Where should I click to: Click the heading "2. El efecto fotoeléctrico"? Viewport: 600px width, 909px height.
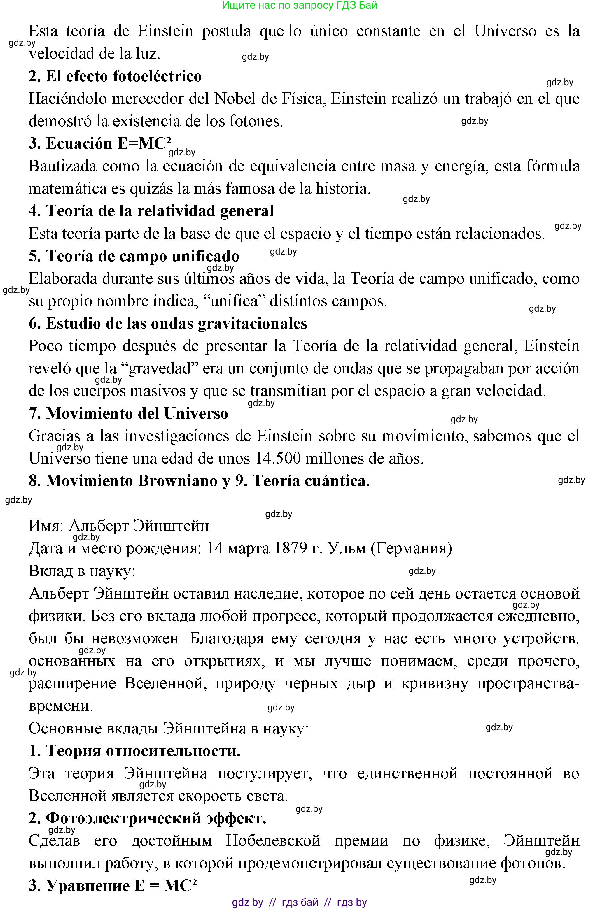(x=115, y=76)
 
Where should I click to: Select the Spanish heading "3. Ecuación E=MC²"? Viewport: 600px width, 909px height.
(x=99, y=143)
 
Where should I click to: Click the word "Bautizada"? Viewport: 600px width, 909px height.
(x=61, y=166)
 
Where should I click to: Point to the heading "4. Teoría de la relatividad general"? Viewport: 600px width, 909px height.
(x=151, y=211)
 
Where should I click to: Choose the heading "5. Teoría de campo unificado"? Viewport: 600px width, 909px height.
(x=134, y=256)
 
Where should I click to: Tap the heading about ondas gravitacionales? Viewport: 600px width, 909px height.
(x=168, y=324)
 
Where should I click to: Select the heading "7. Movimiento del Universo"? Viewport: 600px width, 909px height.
(x=128, y=413)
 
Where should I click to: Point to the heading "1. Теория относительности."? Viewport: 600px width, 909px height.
(x=135, y=751)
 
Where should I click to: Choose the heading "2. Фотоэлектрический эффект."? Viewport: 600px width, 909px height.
(x=147, y=818)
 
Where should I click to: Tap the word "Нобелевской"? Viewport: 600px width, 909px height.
(x=273, y=841)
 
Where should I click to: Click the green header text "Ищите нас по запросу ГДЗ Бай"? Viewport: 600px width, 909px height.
(x=300, y=5)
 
